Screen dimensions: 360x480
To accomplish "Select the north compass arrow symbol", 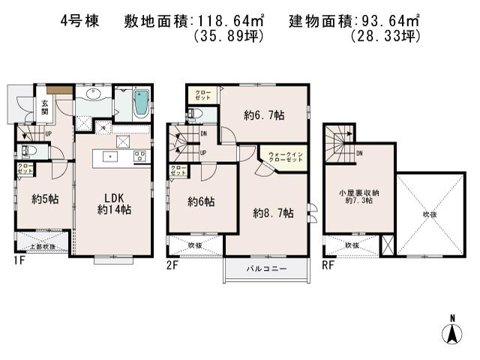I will tap(453, 330).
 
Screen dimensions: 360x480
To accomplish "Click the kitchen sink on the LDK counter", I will tap(111, 156).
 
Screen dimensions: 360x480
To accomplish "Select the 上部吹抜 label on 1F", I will tap(42, 246).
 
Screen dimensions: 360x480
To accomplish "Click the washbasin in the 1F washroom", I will tap(93, 96).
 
